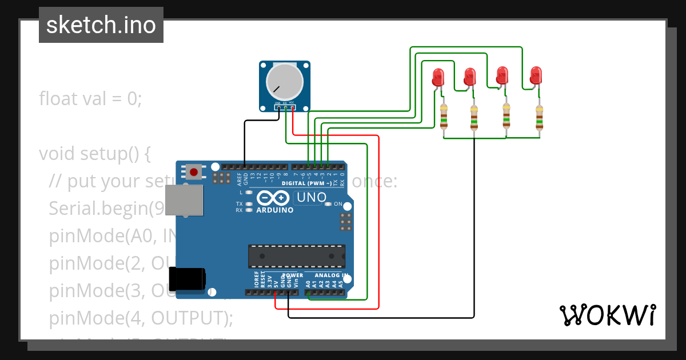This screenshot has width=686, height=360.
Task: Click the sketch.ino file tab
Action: click(x=101, y=25)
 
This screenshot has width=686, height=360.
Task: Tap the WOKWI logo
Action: click(x=607, y=315)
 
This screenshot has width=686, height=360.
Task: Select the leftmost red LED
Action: click(x=438, y=77)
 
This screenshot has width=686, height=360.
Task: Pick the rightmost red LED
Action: click(x=536, y=75)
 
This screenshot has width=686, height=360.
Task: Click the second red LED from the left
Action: click(x=470, y=76)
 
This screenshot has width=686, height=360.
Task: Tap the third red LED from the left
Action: click(x=502, y=75)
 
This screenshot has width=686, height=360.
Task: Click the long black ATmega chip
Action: click(x=296, y=256)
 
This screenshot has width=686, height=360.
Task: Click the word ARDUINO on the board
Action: click(x=274, y=210)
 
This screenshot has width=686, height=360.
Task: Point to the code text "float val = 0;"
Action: click(x=90, y=99)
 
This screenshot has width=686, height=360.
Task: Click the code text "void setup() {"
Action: click(x=94, y=154)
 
